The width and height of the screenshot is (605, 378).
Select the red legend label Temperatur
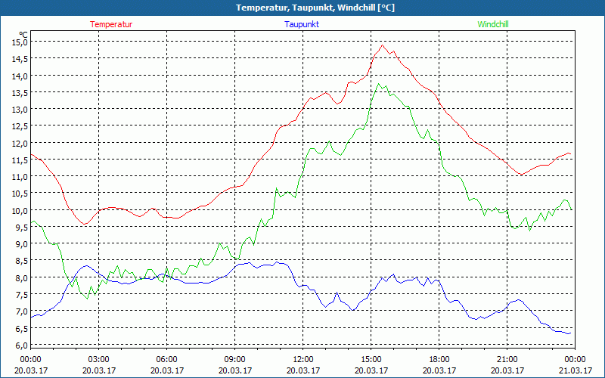111,24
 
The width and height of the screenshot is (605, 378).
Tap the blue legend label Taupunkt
302,24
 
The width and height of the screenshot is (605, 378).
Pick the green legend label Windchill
493,24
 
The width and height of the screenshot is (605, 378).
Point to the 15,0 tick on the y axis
19,42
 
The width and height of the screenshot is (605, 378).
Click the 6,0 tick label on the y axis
19,345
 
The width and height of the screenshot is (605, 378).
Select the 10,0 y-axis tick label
19,210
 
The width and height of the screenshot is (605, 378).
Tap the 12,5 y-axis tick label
19,126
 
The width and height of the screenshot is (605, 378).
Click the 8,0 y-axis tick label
19,277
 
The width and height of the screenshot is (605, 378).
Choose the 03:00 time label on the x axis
99,358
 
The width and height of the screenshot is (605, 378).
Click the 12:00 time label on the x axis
303,358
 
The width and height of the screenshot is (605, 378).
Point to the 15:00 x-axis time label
371,358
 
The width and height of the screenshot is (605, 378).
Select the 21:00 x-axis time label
507,358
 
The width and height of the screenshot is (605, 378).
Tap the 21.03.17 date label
576,370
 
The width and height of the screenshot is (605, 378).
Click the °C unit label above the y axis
23,34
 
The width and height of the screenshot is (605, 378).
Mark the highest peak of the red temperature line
383,45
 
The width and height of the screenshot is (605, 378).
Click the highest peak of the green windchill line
378,83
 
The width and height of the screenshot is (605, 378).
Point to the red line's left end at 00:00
31,154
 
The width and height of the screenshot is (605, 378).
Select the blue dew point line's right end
569,333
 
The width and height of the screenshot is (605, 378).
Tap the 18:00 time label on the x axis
439,358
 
